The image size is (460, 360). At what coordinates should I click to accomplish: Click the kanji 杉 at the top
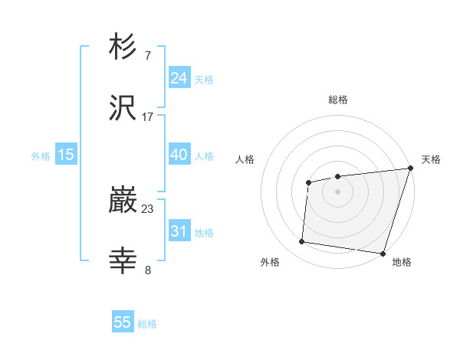[x=123, y=47]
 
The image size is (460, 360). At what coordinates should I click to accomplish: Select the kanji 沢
[x=123, y=108]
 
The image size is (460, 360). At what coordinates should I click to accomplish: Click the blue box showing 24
[x=179, y=77]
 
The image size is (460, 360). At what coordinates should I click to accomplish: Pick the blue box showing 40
[x=179, y=155]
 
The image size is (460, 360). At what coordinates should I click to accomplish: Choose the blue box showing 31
[x=179, y=231]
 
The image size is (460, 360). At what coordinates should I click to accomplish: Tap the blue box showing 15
[x=66, y=155]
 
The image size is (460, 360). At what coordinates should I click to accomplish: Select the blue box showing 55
[x=123, y=322]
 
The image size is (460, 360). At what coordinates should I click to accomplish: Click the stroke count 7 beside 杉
[x=147, y=55]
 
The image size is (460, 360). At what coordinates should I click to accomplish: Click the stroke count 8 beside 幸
[x=147, y=270]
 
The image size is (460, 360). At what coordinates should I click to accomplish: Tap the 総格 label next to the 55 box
[x=147, y=324]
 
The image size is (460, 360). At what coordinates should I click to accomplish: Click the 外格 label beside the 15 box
[x=41, y=155]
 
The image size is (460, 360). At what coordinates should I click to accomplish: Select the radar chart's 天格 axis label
[x=431, y=159]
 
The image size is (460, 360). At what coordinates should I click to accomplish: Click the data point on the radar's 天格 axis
[x=410, y=169]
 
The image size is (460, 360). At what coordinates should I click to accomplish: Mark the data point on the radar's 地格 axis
[x=383, y=254]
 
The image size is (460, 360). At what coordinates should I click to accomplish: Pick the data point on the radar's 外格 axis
[x=302, y=242]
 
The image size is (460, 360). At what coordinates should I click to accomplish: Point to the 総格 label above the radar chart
[x=338, y=100]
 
